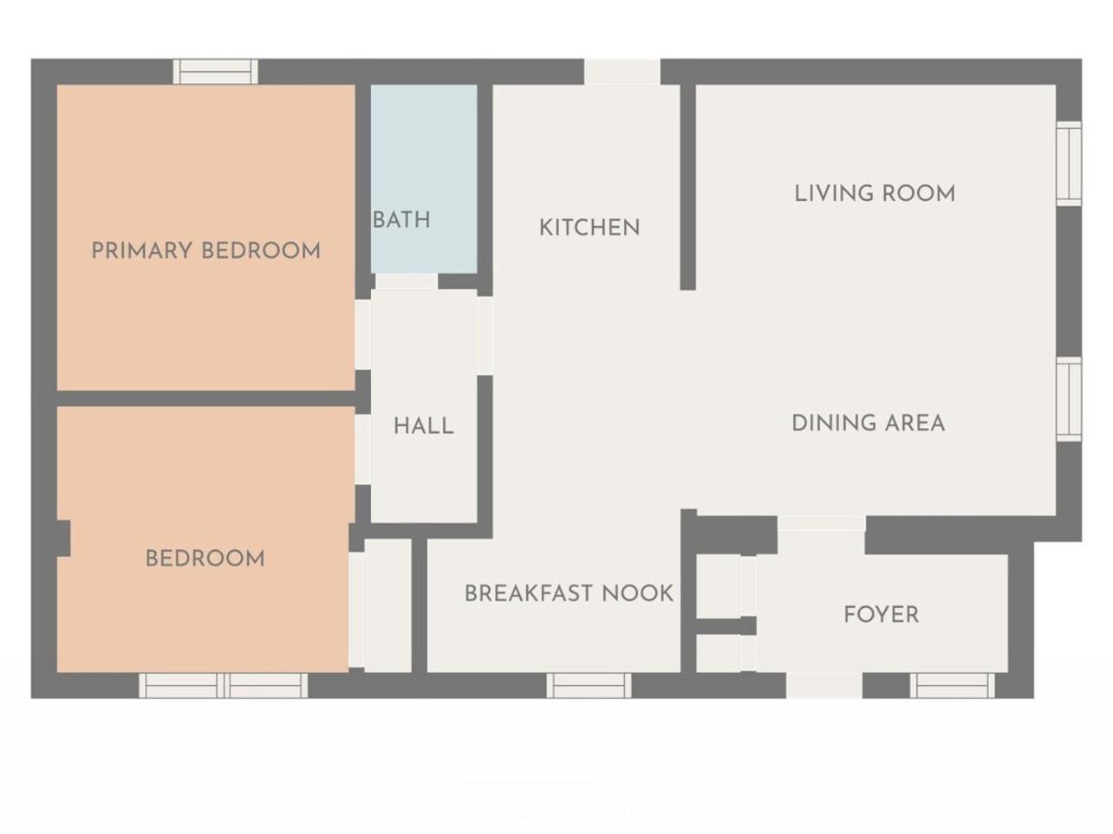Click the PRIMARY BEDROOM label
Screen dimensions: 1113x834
coord(205,250)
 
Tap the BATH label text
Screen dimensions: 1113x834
coord(401,220)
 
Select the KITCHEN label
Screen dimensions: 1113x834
coord(589,228)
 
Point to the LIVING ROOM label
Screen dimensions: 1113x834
coord(875,193)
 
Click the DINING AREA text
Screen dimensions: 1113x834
coord(868,423)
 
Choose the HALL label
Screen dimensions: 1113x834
coord(423,426)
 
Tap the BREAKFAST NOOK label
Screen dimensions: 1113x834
coord(569,593)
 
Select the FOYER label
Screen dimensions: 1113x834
coord(882,615)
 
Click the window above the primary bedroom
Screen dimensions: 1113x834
coord(216,71)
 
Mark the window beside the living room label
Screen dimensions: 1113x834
coord(1069,164)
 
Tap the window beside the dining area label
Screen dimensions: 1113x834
coord(1069,399)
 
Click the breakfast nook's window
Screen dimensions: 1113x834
coord(589,686)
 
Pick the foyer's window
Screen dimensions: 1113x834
coord(953,686)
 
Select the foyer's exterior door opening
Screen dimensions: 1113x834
coord(824,686)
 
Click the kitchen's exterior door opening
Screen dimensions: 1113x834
coord(622,71)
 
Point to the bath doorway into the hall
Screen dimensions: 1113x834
coord(407,281)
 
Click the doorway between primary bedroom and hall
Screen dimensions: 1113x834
coord(363,334)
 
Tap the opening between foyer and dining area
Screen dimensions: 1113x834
coord(822,524)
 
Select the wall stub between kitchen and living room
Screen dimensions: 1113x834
coord(687,187)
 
